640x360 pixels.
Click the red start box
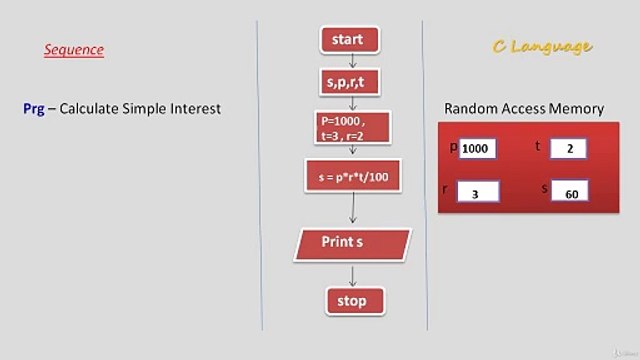(349, 40)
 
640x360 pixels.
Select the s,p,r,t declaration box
(349, 81)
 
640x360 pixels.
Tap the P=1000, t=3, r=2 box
(349, 127)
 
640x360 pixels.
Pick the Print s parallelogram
(352, 243)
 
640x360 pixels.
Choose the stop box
(353, 300)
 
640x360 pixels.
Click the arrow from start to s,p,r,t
(351, 60)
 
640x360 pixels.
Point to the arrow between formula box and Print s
(353, 209)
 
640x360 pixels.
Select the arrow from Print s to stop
(353, 273)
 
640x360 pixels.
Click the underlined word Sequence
(73, 49)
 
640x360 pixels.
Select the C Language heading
(542, 46)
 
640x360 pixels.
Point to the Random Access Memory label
(524, 108)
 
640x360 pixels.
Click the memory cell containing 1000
(477, 149)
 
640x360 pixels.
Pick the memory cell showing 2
(568, 149)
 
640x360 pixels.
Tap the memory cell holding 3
(476, 192)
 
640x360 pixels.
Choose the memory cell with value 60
(568, 192)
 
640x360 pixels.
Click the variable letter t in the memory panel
(539, 146)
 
